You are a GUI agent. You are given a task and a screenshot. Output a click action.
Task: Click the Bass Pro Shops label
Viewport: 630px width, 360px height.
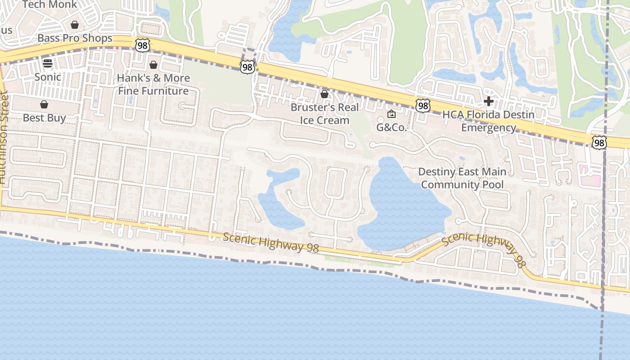tap(75, 38)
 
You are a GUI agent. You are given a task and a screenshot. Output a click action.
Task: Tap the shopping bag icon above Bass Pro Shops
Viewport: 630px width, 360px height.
tap(75, 24)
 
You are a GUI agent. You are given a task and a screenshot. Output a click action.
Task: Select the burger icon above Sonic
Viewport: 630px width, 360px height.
tap(48, 63)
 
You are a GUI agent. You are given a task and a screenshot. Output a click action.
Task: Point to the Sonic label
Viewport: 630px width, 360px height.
tap(48, 77)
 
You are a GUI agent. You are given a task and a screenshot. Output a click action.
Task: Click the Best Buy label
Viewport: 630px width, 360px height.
tap(44, 118)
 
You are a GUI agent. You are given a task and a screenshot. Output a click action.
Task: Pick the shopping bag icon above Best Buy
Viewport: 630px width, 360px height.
tap(44, 104)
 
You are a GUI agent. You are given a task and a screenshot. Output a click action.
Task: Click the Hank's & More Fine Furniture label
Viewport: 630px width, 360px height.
tap(153, 84)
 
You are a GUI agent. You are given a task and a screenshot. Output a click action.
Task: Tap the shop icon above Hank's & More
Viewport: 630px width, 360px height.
tap(153, 64)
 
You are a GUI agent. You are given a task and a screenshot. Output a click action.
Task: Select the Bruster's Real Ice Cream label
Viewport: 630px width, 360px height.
tap(324, 113)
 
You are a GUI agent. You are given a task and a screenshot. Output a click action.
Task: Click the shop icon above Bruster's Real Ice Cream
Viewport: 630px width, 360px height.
tap(324, 94)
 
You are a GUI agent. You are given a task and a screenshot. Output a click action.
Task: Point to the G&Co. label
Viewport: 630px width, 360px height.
tap(391, 127)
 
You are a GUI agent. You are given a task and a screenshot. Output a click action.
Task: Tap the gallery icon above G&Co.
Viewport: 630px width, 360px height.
tap(391, 114)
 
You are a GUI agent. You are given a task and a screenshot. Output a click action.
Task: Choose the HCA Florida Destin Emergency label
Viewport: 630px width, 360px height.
tap(488, 121)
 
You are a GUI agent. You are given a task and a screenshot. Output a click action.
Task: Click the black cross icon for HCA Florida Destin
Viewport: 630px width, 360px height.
tap(488, 101)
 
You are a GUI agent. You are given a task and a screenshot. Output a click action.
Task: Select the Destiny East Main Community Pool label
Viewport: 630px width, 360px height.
tap(462, 178)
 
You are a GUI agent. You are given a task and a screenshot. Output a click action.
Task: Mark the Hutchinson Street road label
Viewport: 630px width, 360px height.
tap(4, 137)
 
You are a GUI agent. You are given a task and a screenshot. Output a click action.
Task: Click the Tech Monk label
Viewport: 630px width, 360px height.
tap(49, 4)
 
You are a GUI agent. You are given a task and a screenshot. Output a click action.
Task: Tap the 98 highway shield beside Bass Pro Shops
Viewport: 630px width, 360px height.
tap(142, 45)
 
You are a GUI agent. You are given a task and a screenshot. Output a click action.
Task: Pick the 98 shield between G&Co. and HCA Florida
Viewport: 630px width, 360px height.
tap(423, 106)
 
